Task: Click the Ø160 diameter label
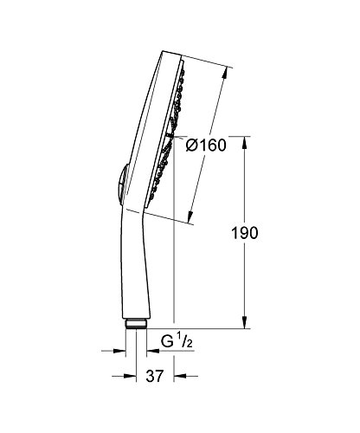(x=205, y=145)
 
